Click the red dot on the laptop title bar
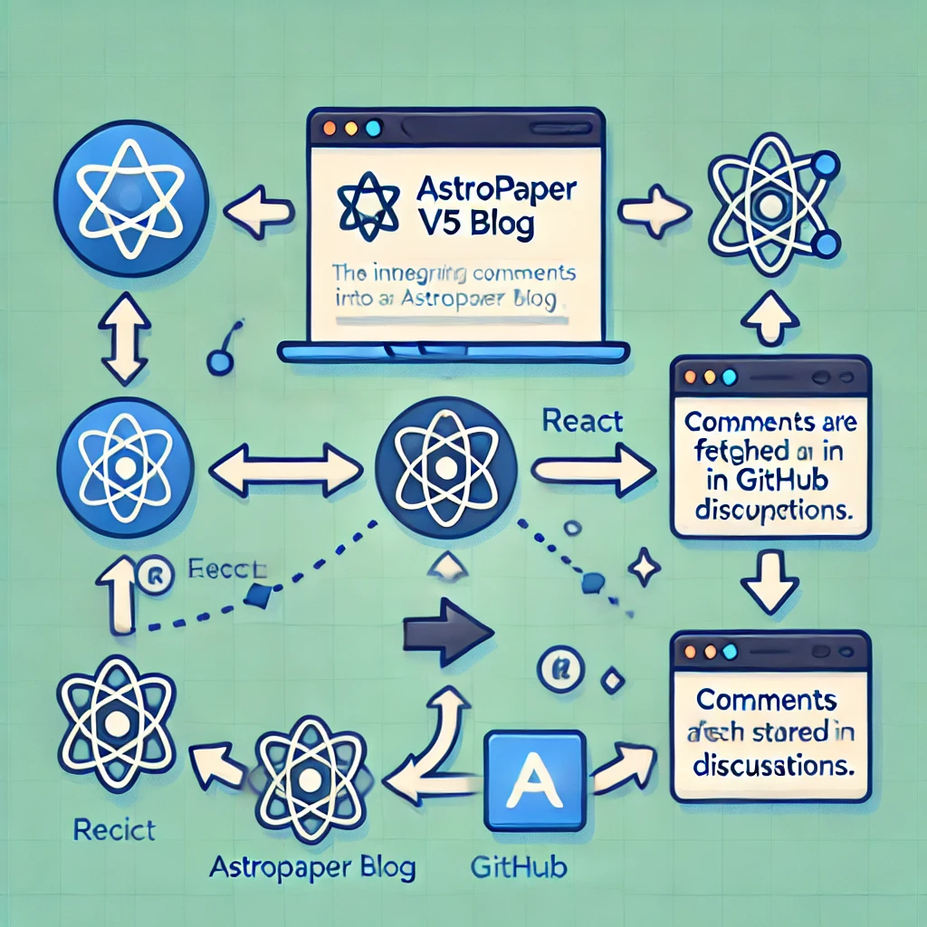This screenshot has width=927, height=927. click(x=328, y=128)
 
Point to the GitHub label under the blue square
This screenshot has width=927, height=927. click(x=519, y=867)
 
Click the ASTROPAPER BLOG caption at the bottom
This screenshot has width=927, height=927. click(x=312, y=867)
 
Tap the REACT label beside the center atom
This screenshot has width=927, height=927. click(x=582, y=421)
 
